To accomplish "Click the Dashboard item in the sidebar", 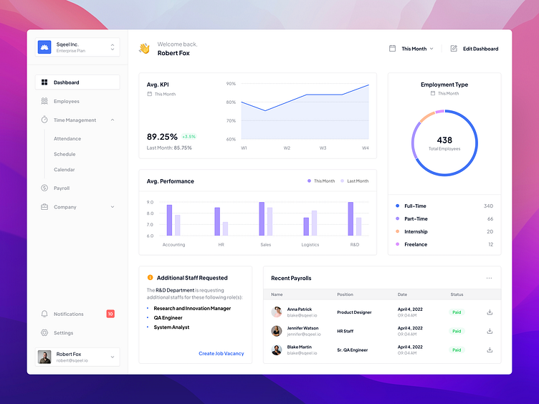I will tap(66, 82).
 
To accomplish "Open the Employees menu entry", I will tap(66, 102).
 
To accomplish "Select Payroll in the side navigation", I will tap(62, 188).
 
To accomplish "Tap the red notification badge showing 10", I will tap(110, 314).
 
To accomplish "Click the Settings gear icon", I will tap(44, 333).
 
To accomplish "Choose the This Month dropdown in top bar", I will tap(411, 49).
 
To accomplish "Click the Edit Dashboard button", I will tap(474, 49).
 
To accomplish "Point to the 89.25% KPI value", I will tap(162, 137).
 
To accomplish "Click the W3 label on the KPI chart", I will tap(323, 148).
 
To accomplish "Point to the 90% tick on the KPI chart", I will tap(231, 84).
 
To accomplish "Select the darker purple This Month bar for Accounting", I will tap(169, 220).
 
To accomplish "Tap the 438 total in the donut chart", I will tap(444, 140).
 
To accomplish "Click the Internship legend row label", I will tap(416, 232).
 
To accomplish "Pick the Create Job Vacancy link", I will tap(221, 354).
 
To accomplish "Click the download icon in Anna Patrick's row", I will tap(490, 312).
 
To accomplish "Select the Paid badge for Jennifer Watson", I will tap(457, 331).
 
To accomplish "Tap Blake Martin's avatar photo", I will tap(276, 350).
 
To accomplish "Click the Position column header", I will tap(345, 294).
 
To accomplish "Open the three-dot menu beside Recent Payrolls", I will tap(490, 278).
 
